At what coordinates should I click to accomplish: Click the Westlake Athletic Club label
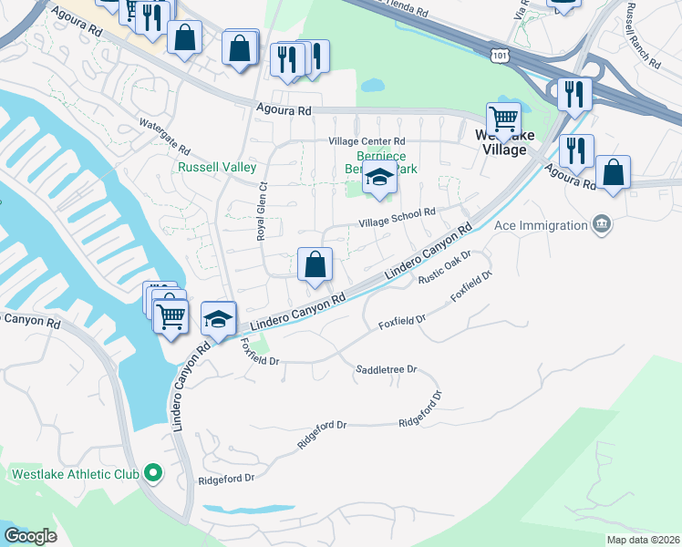pyautogui.click(x=75, y=474)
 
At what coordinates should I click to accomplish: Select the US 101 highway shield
pyautogui.click(x=499, y=57)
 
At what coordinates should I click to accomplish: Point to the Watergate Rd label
pyautogui.click(x=164, y=136)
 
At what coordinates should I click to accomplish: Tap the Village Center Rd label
pyautogui.click(x=367, y=141)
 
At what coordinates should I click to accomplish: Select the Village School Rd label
pyautogui.click(x=398, y=216)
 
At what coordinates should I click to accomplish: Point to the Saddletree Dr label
pyautogui.click(x=386, y=369)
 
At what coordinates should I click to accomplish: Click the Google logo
pyautogui.click(x=30, y=536)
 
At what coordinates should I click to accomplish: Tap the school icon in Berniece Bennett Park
pyautogui.click(x=380, y=179)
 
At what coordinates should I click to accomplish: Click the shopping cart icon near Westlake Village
pyautogui.click(x=503, y=118)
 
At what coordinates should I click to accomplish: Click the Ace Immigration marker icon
pyautogui.click(x=601, y=223)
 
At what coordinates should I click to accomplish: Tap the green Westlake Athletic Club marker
pyautogui.click(x=152, y=473)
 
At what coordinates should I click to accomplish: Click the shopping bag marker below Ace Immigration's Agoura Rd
pyautogui.click(x=614, y=172)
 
